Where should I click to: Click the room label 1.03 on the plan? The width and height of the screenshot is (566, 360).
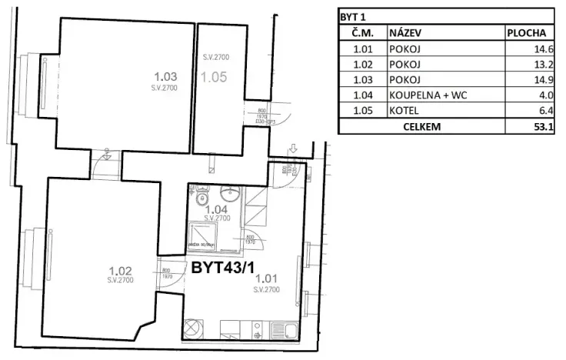[166, 76]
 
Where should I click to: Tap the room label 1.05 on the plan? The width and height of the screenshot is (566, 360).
[214, 76]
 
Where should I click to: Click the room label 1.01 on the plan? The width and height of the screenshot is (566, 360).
[265, 279]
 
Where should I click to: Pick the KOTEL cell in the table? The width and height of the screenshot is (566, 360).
[404, 111]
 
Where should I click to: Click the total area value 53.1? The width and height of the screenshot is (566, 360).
[546, 126]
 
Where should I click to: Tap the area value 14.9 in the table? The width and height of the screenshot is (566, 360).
[545, 80]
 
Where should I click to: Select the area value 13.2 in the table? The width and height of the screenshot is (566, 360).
[545, 65]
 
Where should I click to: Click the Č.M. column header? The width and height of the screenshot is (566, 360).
[362, 34]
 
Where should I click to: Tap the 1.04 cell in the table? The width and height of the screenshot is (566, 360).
[362, 95]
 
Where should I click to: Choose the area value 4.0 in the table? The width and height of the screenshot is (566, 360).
[548, 95]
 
